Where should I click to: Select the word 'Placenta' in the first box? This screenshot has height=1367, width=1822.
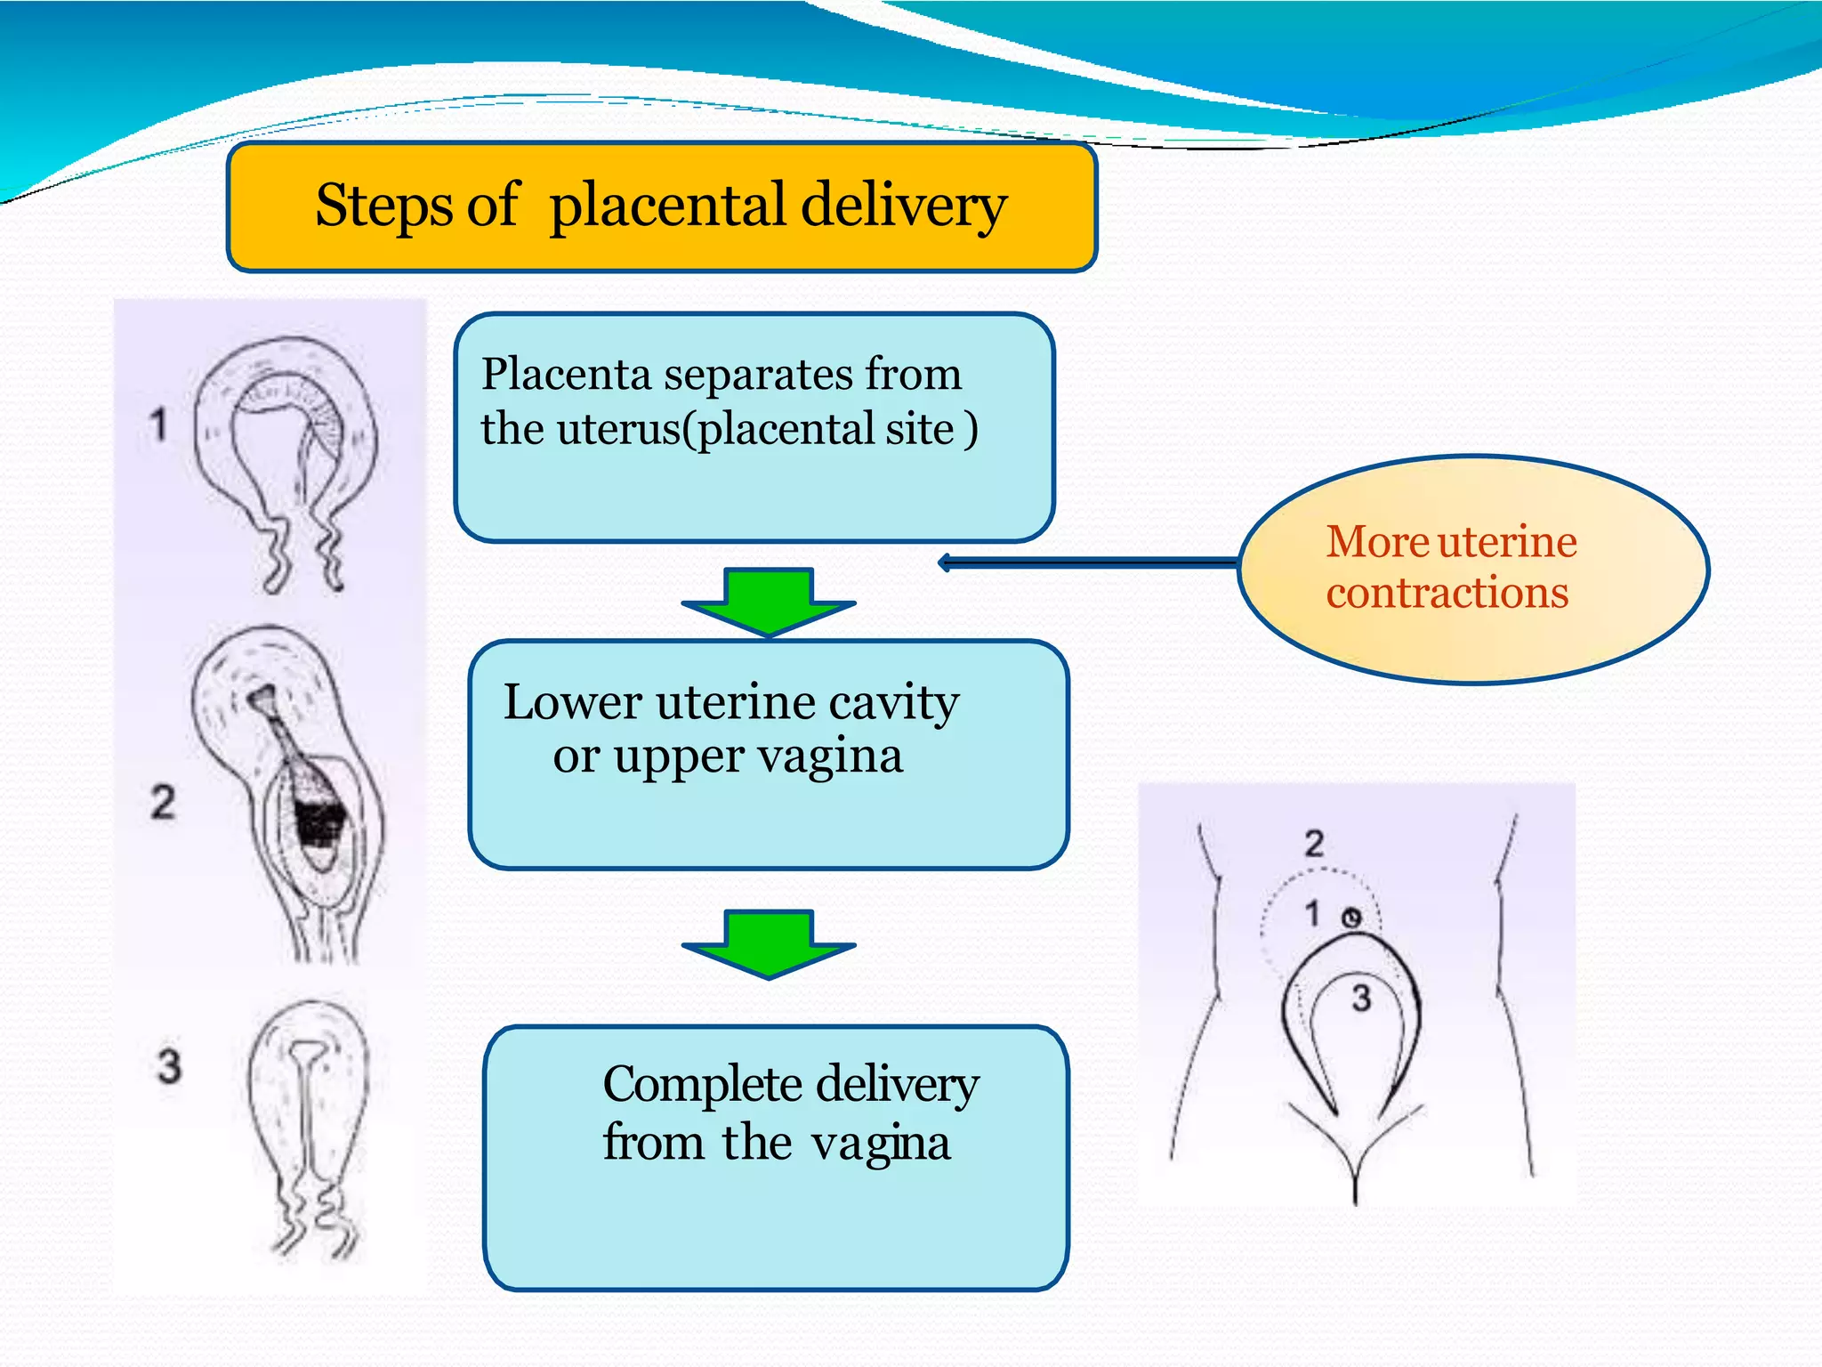(x=567, y=374)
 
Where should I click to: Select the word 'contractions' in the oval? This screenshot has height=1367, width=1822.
(x=1447, y=594)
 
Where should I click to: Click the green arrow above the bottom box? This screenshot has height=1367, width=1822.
(x=768, y=944)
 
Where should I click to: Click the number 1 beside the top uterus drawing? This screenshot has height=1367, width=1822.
(x=158, y=425)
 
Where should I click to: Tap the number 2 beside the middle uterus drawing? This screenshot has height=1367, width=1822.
(x=163, y=802)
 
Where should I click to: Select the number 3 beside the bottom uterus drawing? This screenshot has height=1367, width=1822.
(x=169, y=1065)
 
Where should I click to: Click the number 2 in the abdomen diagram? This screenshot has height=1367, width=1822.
(x=1314, y=843)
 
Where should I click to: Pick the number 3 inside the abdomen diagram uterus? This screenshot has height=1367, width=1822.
(x=1361, y=999)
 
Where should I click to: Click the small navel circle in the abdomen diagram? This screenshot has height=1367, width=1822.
(x=1351, y=918)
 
